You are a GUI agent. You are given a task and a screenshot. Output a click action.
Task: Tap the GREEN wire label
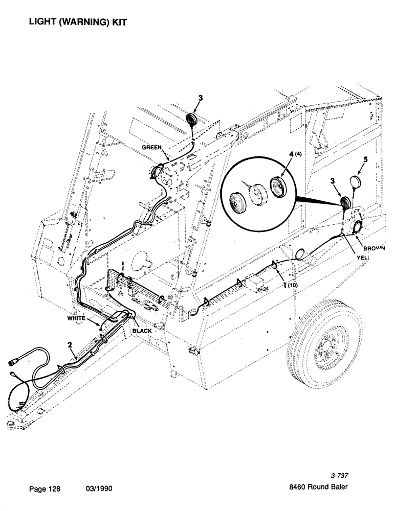pos(152,147)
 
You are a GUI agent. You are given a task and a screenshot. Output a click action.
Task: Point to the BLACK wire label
pos(142,331)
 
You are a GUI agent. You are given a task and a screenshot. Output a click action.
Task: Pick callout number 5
pos(365,160)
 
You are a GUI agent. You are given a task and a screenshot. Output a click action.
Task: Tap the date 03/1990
pos(99,489)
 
